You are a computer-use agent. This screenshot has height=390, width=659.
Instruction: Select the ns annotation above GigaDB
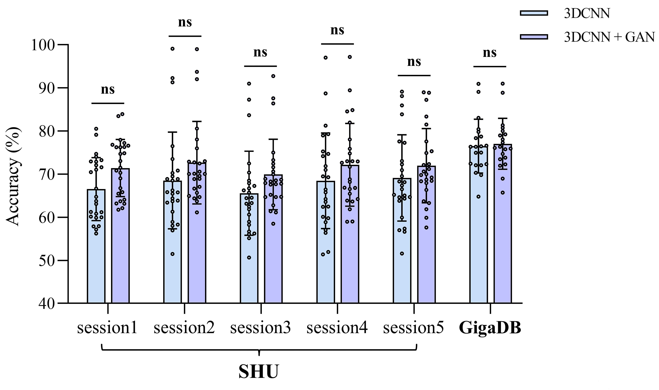(490, 53)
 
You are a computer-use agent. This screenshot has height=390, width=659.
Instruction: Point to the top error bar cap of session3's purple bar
(273, 139)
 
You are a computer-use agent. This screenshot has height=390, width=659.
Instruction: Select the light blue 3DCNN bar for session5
(402, 263)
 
